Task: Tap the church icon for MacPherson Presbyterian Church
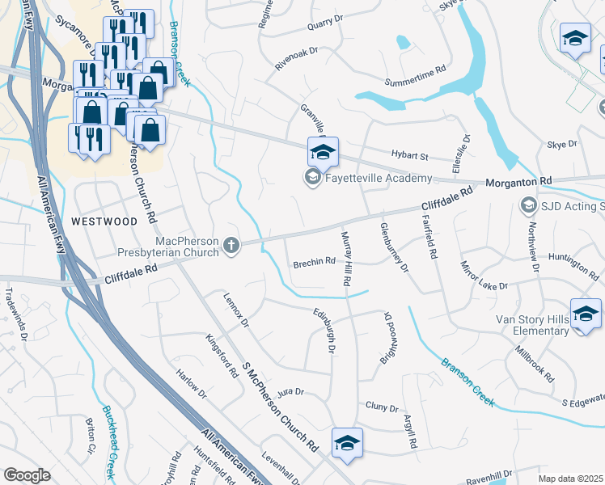coord(232,244)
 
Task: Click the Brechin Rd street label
coord(314,262)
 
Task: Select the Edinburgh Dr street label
coord(329,329)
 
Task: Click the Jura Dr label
coord(290,392)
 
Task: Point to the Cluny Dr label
coord(382,407)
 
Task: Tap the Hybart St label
coord(410,154)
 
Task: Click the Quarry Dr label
coord(327,27)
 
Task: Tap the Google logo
coord(27,475)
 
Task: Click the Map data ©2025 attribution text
coord(570,479)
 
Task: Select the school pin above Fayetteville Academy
coord(323,150)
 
